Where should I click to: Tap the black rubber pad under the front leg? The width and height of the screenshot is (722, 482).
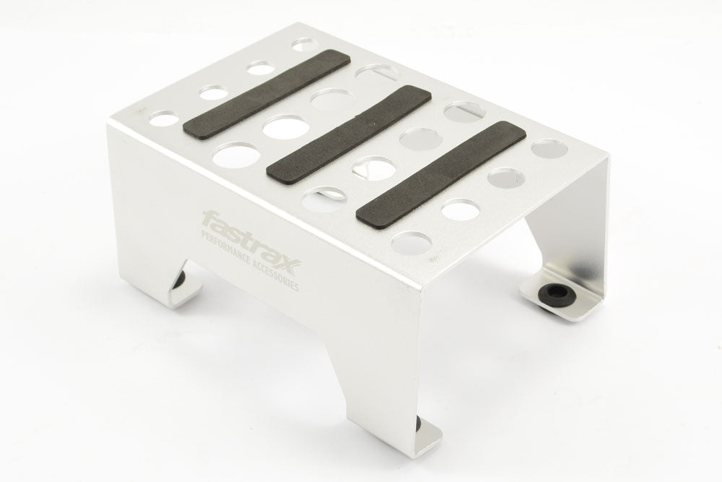[x=420, y=423]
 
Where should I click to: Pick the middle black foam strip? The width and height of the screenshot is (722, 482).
[x=349, y=134]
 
